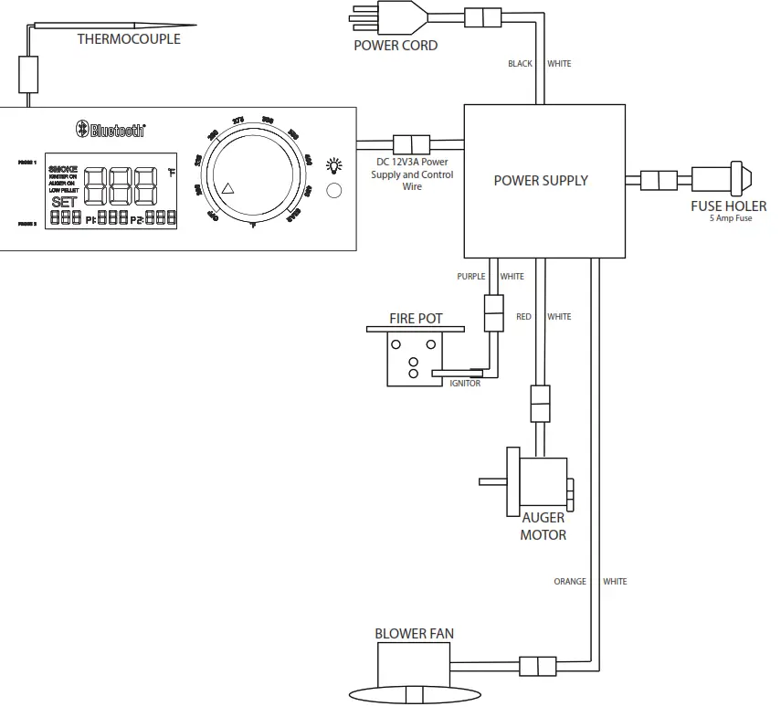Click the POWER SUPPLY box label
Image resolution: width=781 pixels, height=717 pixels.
coord(541,180)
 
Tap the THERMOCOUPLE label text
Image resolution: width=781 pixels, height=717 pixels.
coord(129,38)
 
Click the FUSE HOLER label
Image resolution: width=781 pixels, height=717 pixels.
coord(728,206)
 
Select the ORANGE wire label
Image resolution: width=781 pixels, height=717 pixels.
coord(571,581)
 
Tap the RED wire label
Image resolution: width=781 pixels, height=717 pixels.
coord(523,317)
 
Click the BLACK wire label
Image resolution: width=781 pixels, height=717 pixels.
coord(520,64)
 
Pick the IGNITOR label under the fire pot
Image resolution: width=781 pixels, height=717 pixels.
coord(465,384)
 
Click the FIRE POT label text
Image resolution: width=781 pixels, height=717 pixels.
coord(416,319)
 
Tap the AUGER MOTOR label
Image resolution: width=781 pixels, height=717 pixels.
coord(543,526)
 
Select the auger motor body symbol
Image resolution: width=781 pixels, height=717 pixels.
coord(543,481)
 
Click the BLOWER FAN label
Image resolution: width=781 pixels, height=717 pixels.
coord(414,633)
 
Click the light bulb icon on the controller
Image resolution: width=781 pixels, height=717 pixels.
coord(334,166)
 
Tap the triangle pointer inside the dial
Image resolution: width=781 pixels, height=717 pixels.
coord(228,189)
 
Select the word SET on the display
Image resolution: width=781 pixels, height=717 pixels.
coord(64,202)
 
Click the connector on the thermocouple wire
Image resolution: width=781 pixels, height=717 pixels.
coord(29,73)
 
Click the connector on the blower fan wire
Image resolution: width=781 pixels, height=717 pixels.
coord(537,664)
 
